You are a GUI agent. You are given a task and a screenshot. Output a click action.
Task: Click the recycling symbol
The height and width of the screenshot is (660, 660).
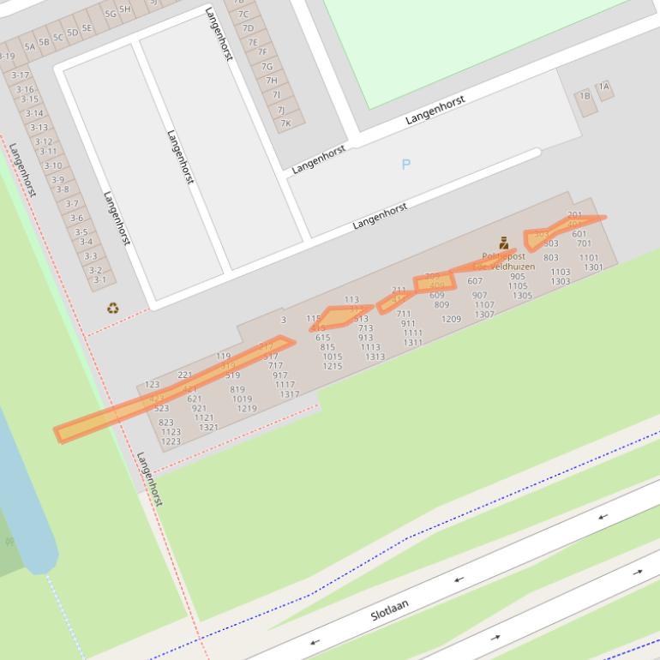(112, 309)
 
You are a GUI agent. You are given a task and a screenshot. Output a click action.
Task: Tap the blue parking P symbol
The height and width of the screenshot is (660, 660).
(406, 164)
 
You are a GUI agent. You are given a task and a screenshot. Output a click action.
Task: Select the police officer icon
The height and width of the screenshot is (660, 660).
(503, 243)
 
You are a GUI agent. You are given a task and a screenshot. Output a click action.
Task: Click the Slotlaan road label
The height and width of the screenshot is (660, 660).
(389, 610)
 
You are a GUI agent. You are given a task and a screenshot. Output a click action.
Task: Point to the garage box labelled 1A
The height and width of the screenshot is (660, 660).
(604, 87)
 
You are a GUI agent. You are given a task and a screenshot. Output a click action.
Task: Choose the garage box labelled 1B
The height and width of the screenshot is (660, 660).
(585, 97)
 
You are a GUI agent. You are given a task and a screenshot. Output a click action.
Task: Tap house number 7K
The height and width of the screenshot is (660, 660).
(285, 123)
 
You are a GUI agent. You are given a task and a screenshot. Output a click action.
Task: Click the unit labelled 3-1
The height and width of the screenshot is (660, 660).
(100, 279)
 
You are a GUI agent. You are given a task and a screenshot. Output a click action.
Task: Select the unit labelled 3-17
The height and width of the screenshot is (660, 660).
(20, 75)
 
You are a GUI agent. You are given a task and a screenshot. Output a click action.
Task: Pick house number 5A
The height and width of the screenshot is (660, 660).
(30, 47)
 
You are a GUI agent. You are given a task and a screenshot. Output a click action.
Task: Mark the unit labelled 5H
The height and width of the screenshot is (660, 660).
(125, 9)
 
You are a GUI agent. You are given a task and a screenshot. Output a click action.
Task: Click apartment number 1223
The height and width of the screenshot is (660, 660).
(171, 441)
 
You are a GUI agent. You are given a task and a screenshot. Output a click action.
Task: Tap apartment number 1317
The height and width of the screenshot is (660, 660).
(290, 394)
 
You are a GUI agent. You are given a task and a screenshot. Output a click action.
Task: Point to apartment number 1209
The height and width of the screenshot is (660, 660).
(451, 319)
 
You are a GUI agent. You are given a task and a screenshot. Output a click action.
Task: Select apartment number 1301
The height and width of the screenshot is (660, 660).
(593, 267)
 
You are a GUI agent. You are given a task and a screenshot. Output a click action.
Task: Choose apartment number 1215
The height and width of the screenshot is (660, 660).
(333, 366)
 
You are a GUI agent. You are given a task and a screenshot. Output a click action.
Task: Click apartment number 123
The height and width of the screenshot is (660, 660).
(152, 385)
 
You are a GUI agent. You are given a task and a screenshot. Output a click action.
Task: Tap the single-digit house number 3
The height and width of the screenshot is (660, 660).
(284, 320)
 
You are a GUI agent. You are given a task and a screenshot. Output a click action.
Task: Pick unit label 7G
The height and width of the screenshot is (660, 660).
(267, 66)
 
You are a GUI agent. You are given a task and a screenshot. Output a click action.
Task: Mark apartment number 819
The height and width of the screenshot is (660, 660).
(237, 389)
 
